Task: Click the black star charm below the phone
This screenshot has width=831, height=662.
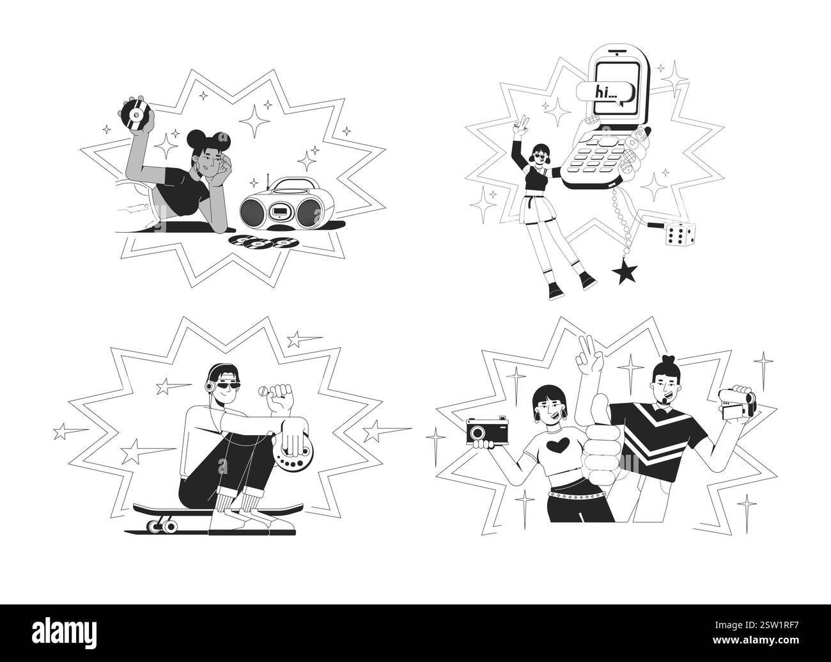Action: point(623,274)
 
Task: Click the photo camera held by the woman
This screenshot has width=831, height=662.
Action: point(487,430)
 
